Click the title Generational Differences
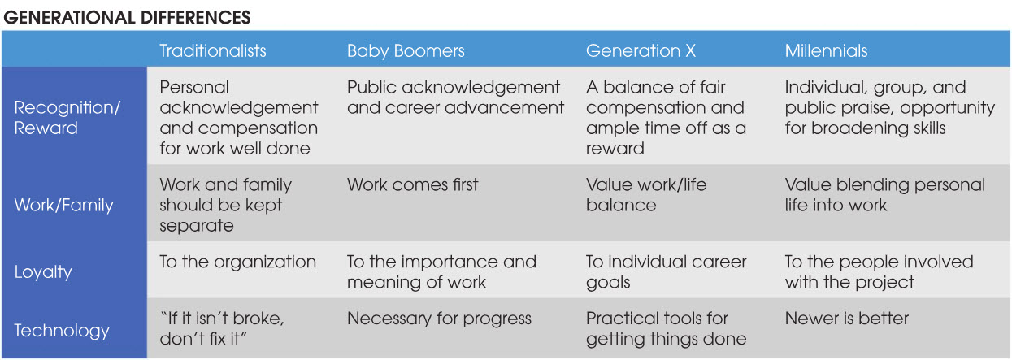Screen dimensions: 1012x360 (x=127, y=18)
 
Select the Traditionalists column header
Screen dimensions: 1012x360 (x=213, y=50)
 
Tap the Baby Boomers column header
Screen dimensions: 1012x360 (x=406, y=51)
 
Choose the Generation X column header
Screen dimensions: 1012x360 (x=641, y=50)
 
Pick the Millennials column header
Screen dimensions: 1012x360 (x=826, y=50)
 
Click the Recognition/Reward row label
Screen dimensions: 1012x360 (x=67, y=118)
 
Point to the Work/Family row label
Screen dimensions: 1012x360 (x=63, y=205)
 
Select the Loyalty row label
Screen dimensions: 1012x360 (x=43, y=272)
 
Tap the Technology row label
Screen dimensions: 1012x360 (x=62, y=331)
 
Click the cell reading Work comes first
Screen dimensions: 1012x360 (x=412, y=184)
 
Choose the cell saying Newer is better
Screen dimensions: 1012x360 (x=847, y=319)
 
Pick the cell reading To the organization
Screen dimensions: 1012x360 (x=237, y=262)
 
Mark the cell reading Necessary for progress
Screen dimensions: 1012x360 (x=439, y=319)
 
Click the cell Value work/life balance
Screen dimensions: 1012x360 (x=646, y=195)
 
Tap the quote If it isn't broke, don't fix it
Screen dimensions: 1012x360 (x=222, y=328)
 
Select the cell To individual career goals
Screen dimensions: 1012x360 (x=667, y=272)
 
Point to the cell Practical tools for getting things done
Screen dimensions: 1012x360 (x=667, y=329)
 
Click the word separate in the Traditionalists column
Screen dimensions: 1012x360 (x=197, y=226)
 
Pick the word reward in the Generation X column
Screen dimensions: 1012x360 (x=615, y=149)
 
